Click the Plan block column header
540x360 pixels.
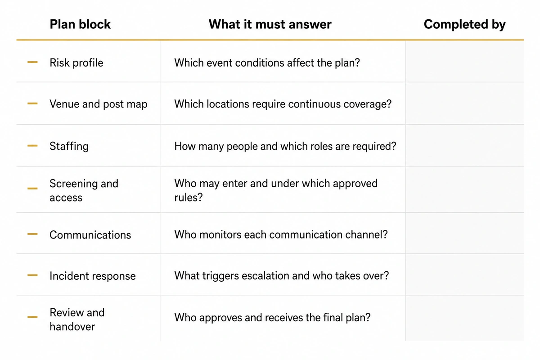pos(80,24)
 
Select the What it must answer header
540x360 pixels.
pos(270,24)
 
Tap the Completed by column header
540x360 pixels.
pos(464,25)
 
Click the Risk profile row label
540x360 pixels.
pos(76,63)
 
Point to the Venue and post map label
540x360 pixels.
pos(99,104)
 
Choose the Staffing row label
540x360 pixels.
pos(69,146)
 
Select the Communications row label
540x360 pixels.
pos(90,235)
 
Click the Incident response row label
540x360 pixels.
pos(93,276)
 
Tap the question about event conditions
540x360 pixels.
pos(267,63)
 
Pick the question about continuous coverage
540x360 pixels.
pos(283,104)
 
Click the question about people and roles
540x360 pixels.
pos(285,146)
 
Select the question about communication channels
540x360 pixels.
pos(281,234)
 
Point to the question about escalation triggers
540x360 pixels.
pos(282,276)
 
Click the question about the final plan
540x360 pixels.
pos(272,318)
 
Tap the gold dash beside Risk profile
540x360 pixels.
pos(32,62)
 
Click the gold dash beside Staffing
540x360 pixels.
pos(32,146)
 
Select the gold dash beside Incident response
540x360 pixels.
pos(32,275)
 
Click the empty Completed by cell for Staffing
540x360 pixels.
pos(465,145)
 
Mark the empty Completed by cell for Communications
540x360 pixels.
pos(465,234)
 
